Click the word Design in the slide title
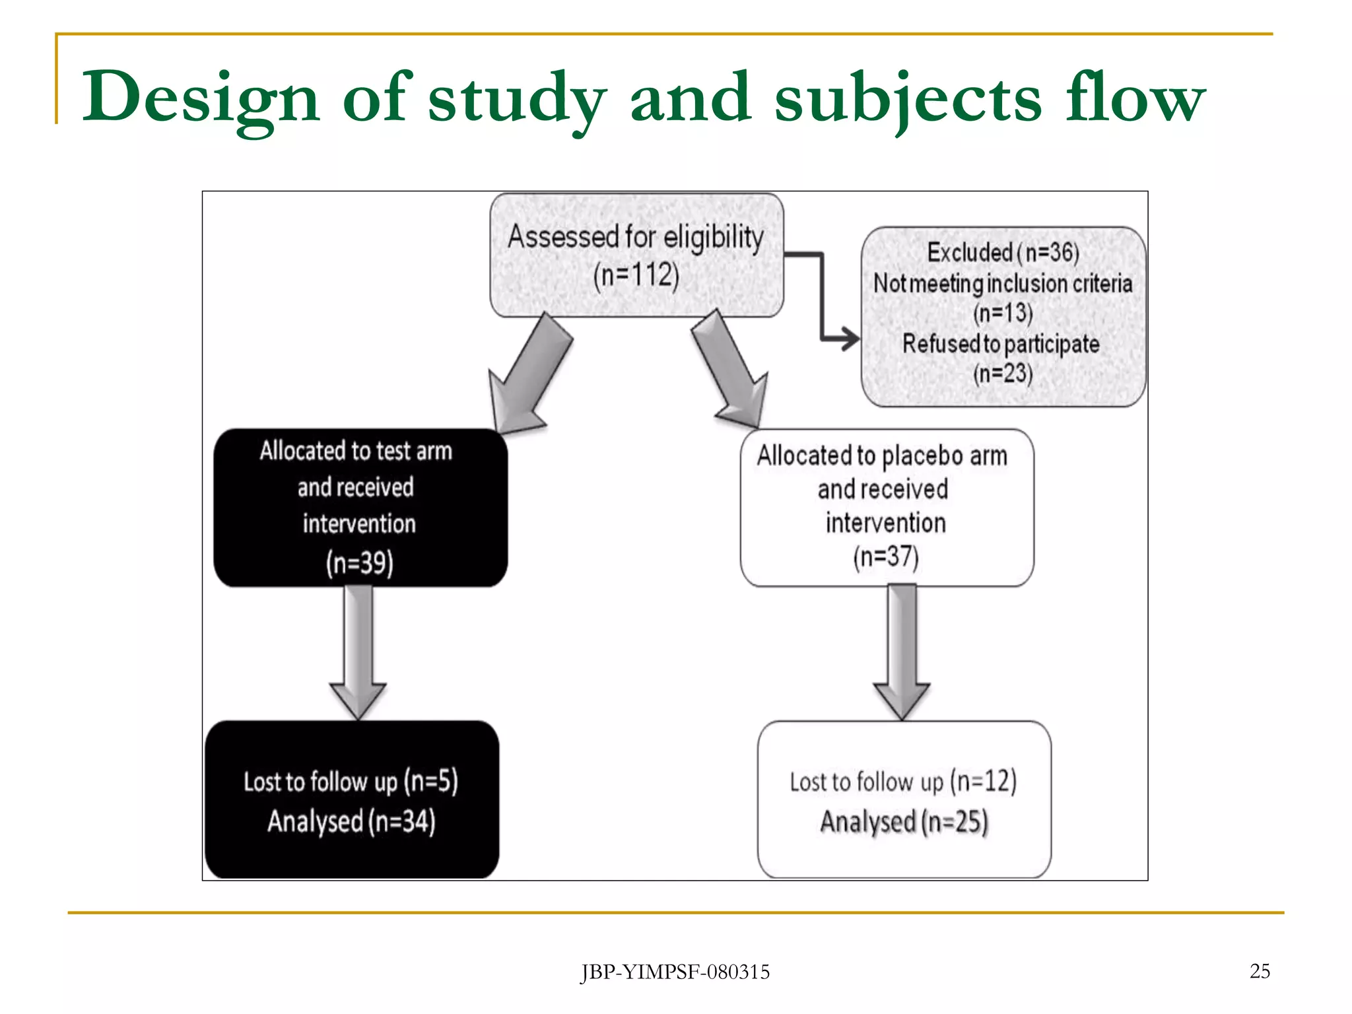pyautogui.click(x=200, y=98)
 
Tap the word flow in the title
pyautogui.click(x=1135, y=98)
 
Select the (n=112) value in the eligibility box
pyautogui.click(x=636, y=275)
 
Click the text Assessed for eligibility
pyautogui.click(x=635, y=236)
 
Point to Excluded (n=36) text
pyautogui.click(x=1003, y=252)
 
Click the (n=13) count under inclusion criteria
pyautogui.click(x=1003, y=313)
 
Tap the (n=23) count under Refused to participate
pyautogui.click(x=1003, y=374)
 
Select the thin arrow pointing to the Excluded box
pyautogui.click(x=823, y=297)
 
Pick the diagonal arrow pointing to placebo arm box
pyautogui.click(x=730, y=370)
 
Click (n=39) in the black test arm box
pyautogui.click(x=360, y=562)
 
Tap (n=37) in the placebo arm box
pyautogui.click(x=885, y=557)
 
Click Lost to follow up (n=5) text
pyautogui.click(x=351, y=781)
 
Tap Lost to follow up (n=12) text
pyautogui.click(x=902, y=782)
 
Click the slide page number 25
pyautogui.click(x=1260, y=971)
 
